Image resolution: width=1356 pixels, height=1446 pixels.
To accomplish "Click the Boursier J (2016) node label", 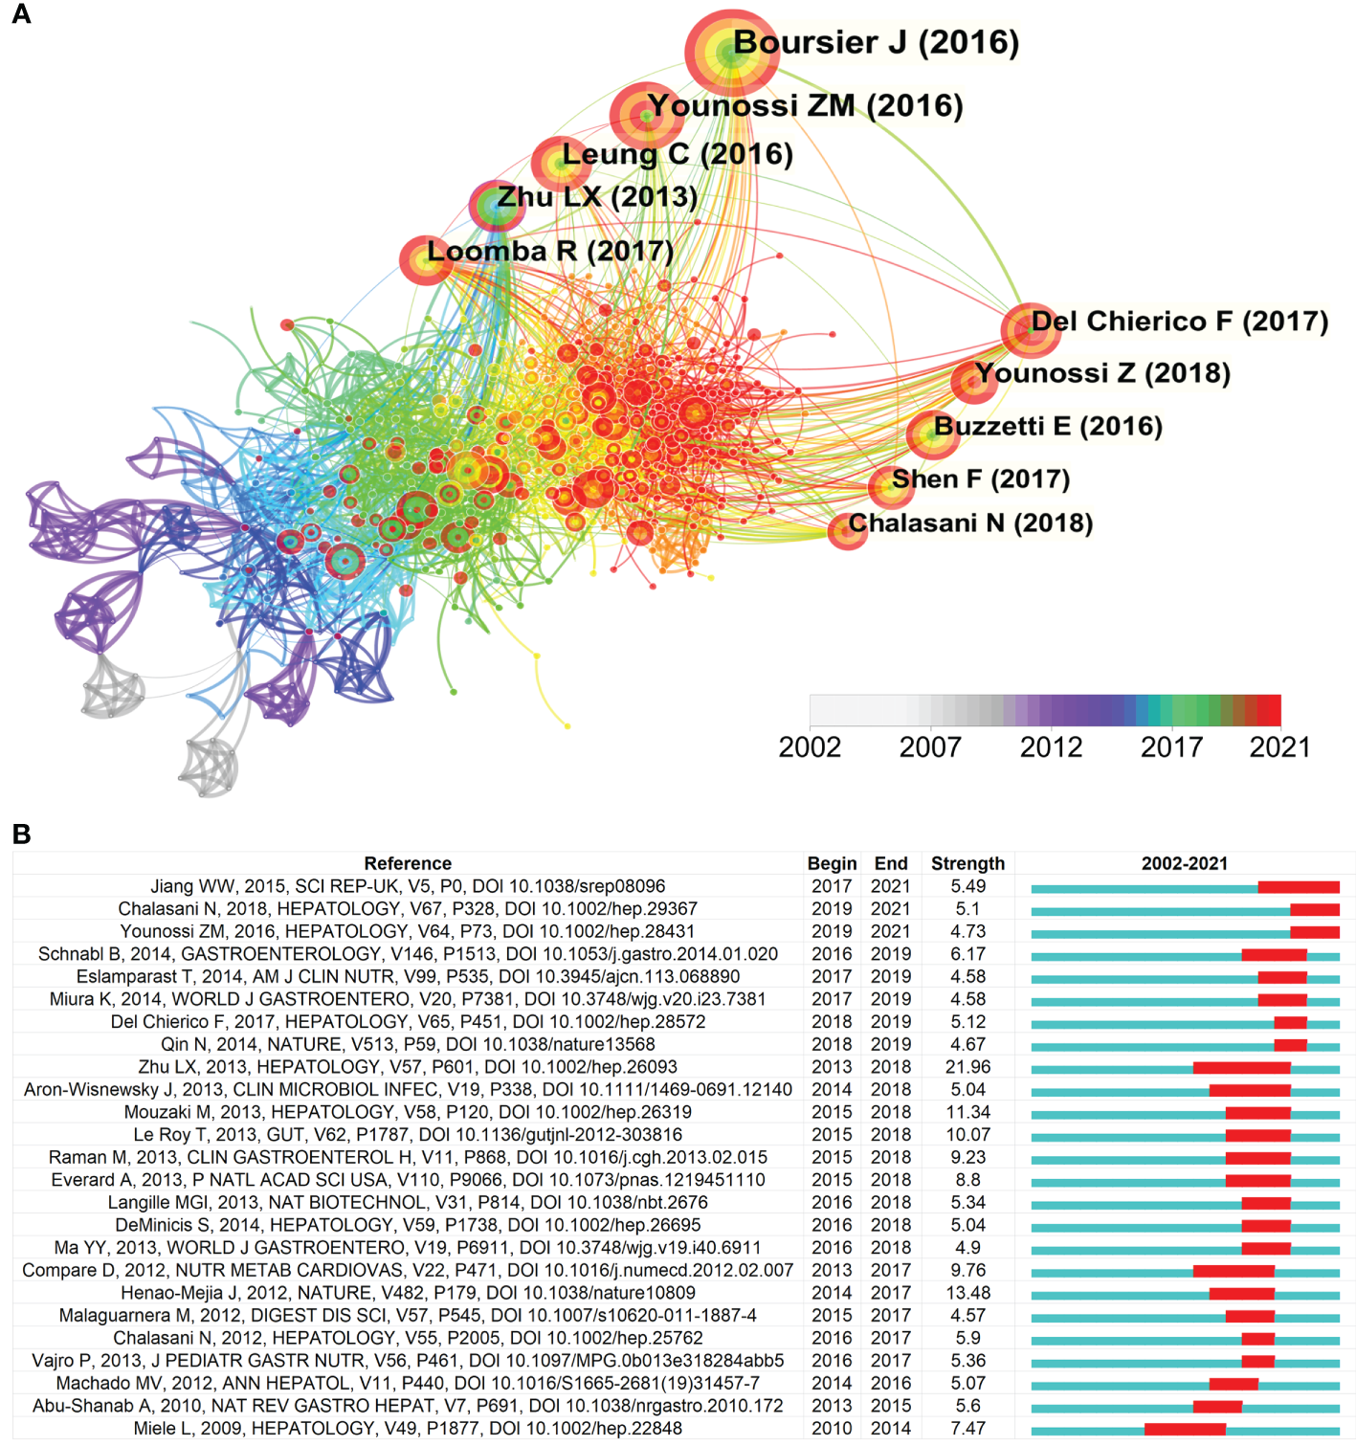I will coord(875,43).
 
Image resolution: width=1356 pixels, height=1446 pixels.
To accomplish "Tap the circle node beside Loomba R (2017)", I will coord(425,260).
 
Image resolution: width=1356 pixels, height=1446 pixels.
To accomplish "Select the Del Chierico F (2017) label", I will coord(1179,322).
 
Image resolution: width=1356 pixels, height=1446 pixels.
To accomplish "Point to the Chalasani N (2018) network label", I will coord(970,523).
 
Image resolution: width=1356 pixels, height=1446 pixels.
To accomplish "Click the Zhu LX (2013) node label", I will coord(597,197).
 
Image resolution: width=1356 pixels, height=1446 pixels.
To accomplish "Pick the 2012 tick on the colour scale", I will coord(1051,747).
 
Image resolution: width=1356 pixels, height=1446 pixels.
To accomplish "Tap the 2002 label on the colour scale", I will coord(810,747).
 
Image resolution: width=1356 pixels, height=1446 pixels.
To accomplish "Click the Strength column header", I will coord(967,863).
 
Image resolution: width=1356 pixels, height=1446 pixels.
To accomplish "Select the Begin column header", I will coord(832,863).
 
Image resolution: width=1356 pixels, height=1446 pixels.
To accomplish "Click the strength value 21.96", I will coord(967,1067).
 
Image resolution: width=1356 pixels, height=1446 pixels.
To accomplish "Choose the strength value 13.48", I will coord(967,1293).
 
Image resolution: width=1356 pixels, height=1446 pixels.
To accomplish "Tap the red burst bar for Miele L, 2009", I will coord(1185,1429).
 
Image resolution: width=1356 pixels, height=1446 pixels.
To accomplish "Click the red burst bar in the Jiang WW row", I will coord(1299,887).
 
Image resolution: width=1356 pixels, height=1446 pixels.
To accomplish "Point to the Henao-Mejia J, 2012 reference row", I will coord(408,1293).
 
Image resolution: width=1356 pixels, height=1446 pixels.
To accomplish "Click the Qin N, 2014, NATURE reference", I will coord(408,1044).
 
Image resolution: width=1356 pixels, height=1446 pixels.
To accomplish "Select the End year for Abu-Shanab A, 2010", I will coord(890,1406).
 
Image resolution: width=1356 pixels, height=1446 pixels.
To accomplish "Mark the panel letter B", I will coord(21,834).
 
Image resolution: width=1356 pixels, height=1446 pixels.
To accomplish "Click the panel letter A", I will coord(21,14).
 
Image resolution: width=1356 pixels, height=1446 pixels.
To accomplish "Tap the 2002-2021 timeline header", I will coord(1184,863).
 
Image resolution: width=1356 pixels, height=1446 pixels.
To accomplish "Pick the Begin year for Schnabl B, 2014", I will coord(832,954).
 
